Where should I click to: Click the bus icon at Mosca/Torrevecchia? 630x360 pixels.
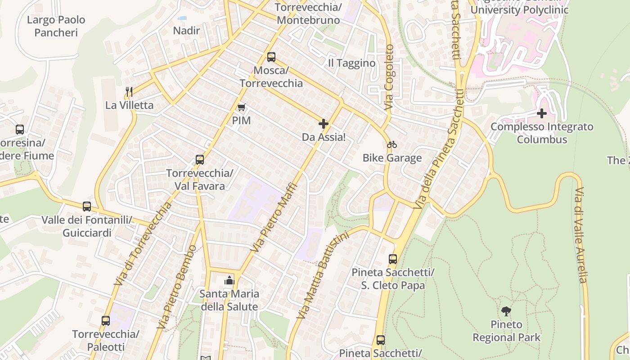tap(271, 57)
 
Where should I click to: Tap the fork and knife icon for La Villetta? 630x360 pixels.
tap(129, 92)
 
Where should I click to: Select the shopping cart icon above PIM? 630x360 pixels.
tap(242, 107)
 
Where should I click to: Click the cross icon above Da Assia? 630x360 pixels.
tap(323, 124)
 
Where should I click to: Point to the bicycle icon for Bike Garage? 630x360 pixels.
tap(392, 144)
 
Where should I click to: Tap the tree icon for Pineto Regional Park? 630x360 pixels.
tap(506, 311)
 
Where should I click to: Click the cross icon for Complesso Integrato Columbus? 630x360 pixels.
tap(542, 113)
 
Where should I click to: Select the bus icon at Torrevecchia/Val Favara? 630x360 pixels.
tap(200, 160)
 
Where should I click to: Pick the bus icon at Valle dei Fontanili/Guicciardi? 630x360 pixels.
tap(87, 207)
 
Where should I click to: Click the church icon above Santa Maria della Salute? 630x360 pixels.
tap(229, 280)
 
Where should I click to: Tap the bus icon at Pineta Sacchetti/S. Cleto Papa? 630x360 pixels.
tap(393, 259)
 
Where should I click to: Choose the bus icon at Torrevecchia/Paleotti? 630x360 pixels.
tap(106, 321)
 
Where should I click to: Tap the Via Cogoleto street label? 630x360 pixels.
tap(389, 77)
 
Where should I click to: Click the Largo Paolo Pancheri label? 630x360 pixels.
tap(56, 26)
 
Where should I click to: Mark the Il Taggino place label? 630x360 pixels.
tap(351, 63)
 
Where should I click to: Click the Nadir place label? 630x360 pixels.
tap(186, 31)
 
